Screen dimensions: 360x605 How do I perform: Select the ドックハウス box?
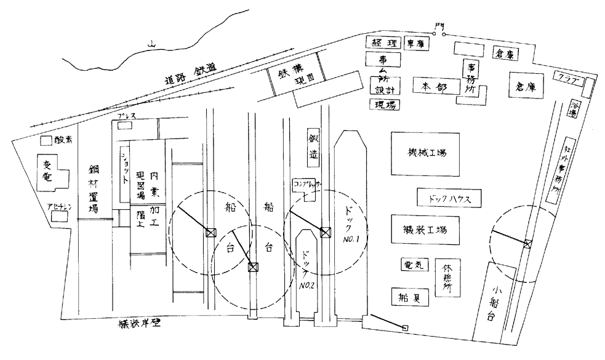pyautogui.click(x=448, y=199)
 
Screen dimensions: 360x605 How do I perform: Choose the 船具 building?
pyautogui.click(x=411, y=297)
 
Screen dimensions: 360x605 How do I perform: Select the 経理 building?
pyautogui.click(x=383, y=42)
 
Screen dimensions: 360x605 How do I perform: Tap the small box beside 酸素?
pyautogui.click(x=46, y=140)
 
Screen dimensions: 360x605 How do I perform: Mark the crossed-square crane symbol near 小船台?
pyautogui.click(x=527, y=244)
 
